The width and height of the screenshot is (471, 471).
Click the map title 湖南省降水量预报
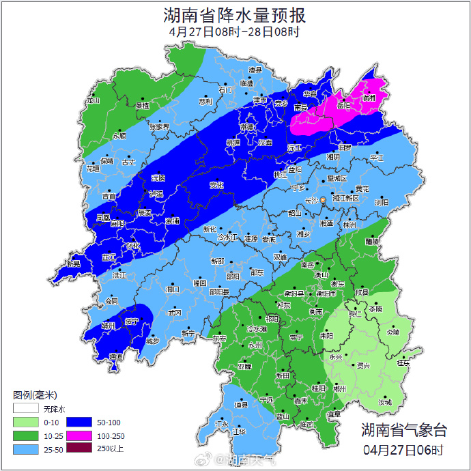[x=235, y=14]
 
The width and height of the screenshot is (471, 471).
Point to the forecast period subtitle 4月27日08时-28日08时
[x=235, y=31]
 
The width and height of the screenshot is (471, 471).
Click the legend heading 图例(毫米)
[x=34, y=395]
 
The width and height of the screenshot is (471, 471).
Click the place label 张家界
[x=160, y=127]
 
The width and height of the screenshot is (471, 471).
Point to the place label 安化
[x=216, y=185]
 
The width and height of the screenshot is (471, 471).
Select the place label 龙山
[x=92, y=100]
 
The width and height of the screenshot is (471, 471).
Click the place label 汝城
[x=386, y=402]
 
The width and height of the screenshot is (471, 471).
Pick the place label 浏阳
[x=382, y=203]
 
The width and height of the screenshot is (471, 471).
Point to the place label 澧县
[x=255, y=70]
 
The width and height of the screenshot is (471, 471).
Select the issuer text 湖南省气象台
[x=404, y=430]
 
